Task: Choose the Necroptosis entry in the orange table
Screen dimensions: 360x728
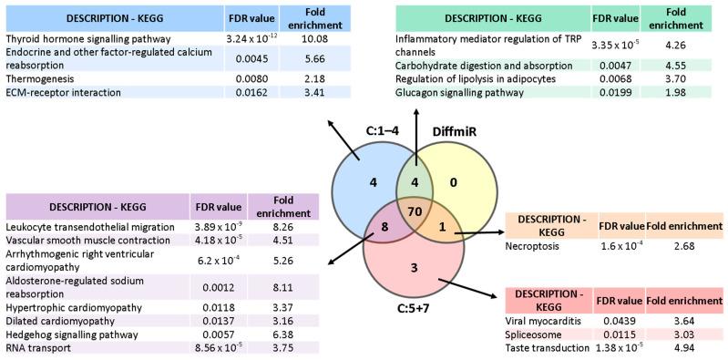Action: coord(534,247)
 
